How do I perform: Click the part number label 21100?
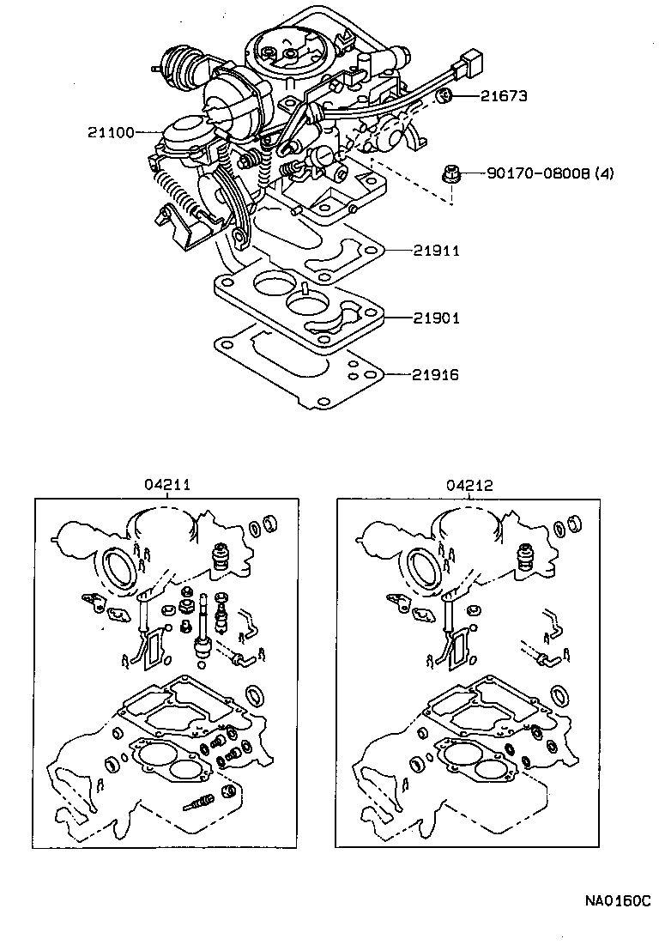[x=111, y=132]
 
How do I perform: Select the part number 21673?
[x=504, y=96]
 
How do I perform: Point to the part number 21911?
[x=436, y=251]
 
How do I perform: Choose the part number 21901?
[x=436, y=318]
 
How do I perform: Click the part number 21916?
[x=436, y=375]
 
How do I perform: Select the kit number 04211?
[x=166, y=485]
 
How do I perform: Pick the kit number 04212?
[x=469, y=485]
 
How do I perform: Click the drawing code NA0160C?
[x=618, y=901]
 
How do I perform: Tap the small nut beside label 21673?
[x=444, y=95]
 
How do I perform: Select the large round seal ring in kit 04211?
[x=118, y=568]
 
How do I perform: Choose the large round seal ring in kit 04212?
[x=421, y=568]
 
